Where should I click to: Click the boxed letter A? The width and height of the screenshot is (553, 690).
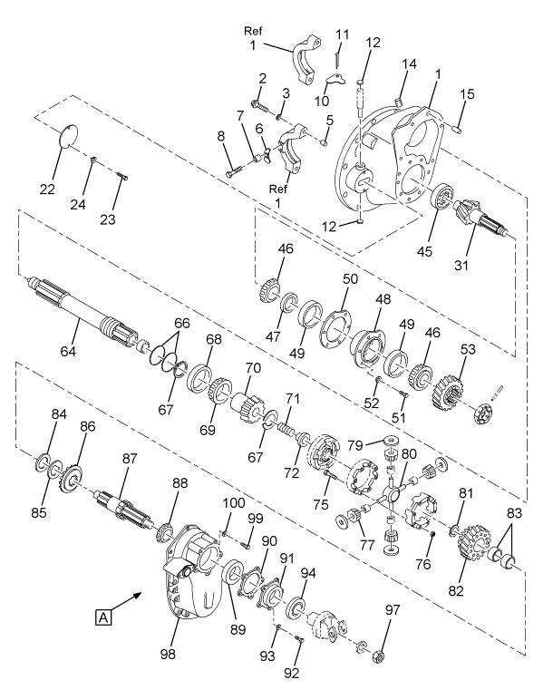tap(103, 617)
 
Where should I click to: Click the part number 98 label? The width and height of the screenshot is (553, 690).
tap(168, 654)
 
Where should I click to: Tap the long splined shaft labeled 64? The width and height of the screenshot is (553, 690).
tap(82, 312)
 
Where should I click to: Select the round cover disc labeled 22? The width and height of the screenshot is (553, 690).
tap(68, 136)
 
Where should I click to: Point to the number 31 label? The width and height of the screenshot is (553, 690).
tap(461, 266)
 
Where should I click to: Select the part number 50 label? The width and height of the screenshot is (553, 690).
tap(350, 278)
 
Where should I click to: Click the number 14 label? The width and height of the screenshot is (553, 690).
tap(409, 63)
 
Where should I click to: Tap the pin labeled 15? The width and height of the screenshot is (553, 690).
tap(457, 129)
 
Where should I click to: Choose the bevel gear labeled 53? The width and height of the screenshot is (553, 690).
tap(450, 385)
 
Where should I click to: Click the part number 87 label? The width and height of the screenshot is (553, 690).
tap(130, 459)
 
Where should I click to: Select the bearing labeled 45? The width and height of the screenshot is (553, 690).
tap(442, 199)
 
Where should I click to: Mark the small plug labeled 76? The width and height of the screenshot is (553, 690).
tap(432, 534)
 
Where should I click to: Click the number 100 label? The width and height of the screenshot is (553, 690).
tap(234, 502)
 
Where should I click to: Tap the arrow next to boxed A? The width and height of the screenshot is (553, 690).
tap(127, 601)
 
